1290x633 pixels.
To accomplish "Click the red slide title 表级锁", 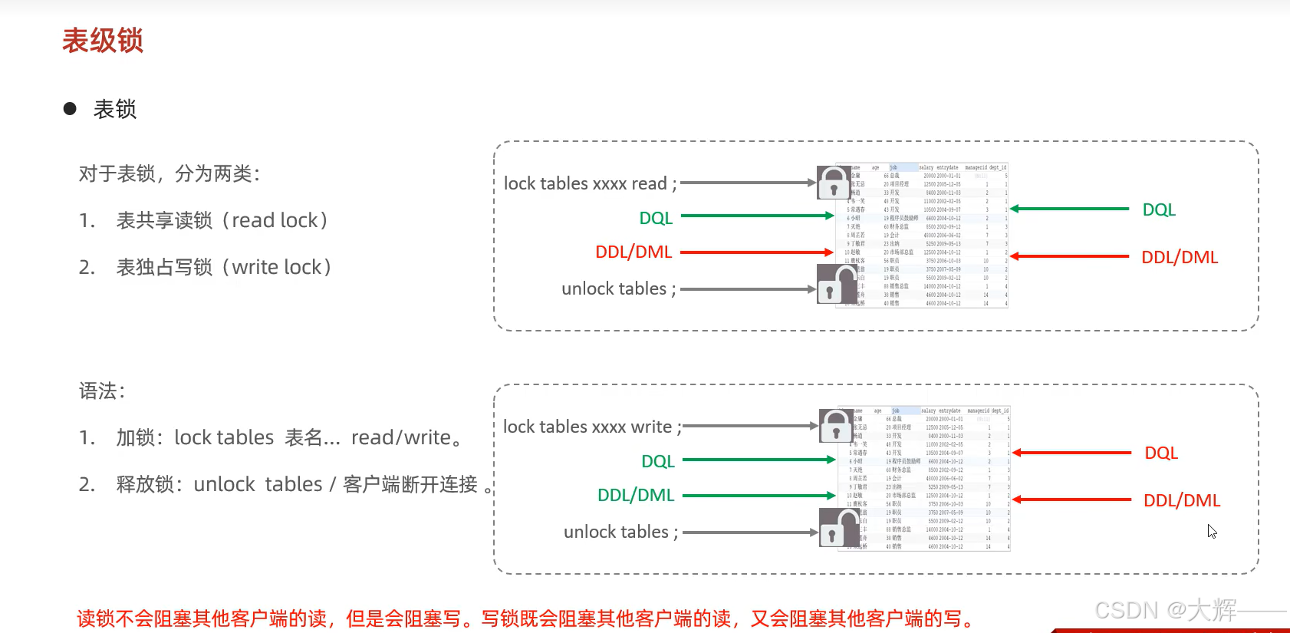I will pos(103,41).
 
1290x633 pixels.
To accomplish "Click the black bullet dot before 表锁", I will pos(70,109).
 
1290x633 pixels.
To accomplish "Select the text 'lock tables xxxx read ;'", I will pos(590,184).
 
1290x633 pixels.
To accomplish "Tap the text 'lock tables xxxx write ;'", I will pos(591,427).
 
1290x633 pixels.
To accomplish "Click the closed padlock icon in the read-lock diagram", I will pos(833,183).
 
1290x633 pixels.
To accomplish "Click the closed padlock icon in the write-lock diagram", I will pos(836,426).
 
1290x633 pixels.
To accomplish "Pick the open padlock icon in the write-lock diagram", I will pos(838,528).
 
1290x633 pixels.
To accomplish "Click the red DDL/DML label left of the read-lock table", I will pos(633,252).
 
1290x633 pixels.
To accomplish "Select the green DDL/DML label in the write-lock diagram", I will pos(636,496).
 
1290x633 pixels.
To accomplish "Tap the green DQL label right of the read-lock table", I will pos(1159,210).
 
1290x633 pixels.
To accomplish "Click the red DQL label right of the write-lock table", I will pos(1161,453).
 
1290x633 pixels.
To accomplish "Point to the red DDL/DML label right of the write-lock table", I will pos(1182,501).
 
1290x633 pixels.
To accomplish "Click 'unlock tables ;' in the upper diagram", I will pos(618,289).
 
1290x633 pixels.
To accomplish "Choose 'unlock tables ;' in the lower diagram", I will pos(620,532).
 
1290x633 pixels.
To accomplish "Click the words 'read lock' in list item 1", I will pos(275,221).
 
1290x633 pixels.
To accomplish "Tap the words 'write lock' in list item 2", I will pos(276,268).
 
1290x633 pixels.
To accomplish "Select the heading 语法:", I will pos(102,391).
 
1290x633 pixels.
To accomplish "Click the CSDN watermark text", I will pos(1165,611).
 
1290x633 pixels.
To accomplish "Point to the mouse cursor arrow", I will pos(1211,530).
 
